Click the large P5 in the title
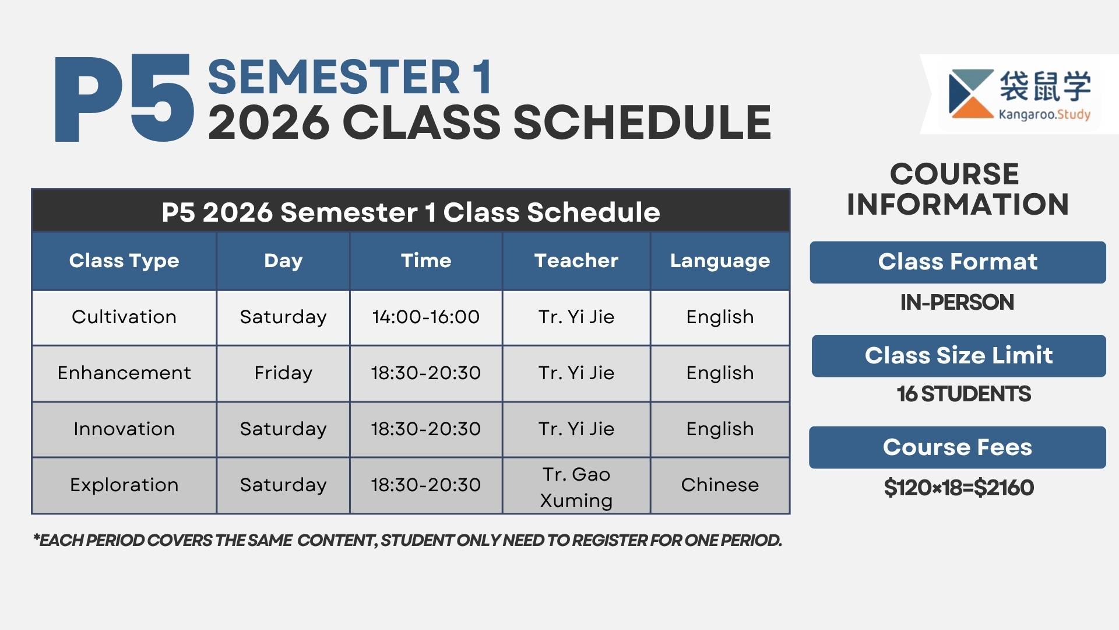[124, 99]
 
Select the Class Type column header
[124, 261]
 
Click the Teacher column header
[576, 261]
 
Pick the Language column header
[720, 261]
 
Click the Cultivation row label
[124, 317]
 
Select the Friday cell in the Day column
[283, 373]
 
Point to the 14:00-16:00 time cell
[425, 317]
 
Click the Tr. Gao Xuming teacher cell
[576, 487]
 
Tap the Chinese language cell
[720, 485]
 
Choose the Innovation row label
[124, 429]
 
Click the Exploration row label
[124, 485]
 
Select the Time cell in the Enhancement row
[425, 373]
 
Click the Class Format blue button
[958, 262]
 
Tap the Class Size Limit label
[959, 355]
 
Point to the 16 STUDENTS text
[963, 394]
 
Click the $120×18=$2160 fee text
[959, 488]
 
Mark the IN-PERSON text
[957, 302]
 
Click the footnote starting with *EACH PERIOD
[407, 540]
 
